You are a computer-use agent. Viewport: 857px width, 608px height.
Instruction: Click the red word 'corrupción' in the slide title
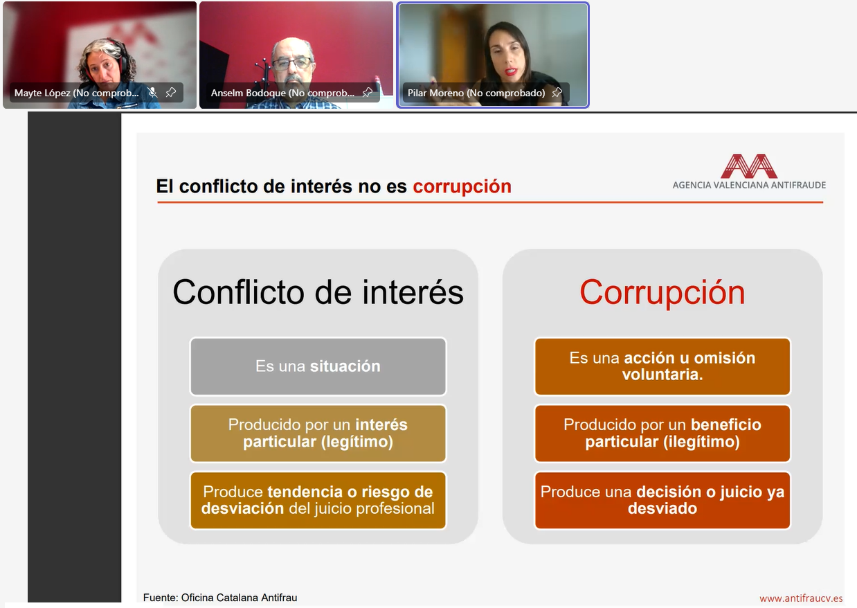pyautogui.click(x=462, y=187)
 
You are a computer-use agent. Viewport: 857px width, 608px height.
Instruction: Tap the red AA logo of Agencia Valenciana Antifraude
pyautogui.click(x=749, y=166)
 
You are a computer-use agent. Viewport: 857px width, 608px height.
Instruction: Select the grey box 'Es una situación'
pyautogui.click(x=318, y=366)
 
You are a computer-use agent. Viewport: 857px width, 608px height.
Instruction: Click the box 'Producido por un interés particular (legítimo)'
pyautogui.click(x=318, y=433)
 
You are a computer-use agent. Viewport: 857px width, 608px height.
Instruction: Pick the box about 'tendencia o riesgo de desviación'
pyautogui.click(x=318, y=500)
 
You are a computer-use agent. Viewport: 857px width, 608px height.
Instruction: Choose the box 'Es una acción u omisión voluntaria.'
pyautogui.click(x=662, y=366)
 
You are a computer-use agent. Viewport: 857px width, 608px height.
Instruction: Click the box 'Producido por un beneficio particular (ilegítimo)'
pyautogui.click(x=662, y=433)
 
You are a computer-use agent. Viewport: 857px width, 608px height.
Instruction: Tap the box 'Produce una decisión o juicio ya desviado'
pyautogui.click(x=662, y=500)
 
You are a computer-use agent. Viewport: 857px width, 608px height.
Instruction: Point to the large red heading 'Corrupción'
pyautogui.click(x=662, y=293)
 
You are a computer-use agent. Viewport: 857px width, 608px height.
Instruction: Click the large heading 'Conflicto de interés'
pyautogui.click(x=318, y=292)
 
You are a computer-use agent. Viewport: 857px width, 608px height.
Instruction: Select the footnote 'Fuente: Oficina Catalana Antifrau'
pyautogui.click(x=220, y=598)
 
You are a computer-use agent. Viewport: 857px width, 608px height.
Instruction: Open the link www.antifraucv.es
pyautogui.click(x=801, y=598)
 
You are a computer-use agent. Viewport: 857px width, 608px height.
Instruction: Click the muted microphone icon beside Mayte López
pyautogui.click(x=152, y=92)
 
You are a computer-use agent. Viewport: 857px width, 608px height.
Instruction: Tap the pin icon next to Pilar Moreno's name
pyautogui.click(x=557, y=92)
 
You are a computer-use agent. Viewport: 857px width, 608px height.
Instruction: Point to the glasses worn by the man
pyautogui.click(x=292, y=63)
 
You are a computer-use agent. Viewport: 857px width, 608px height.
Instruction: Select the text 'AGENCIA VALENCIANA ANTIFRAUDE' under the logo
pyautogui.click(x=749, y=185)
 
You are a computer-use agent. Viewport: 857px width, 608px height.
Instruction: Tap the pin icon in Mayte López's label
pyautogui.click(x=170, y=92)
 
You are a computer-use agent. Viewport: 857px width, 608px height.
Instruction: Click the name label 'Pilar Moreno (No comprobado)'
pyautogui.click(x=476, y=93)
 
